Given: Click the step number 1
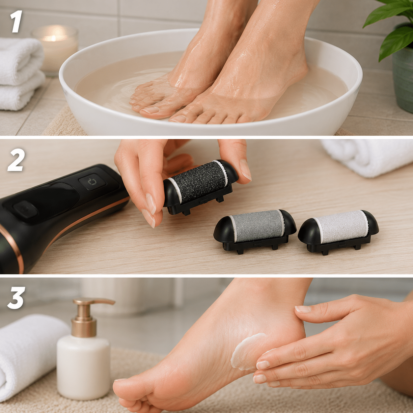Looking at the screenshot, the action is [16, 21].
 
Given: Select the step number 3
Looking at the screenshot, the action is [16, 298].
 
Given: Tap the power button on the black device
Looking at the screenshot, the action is [92, 182].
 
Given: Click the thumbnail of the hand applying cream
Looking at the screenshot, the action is [303, 309].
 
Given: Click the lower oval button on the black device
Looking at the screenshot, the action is [25, 209].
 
